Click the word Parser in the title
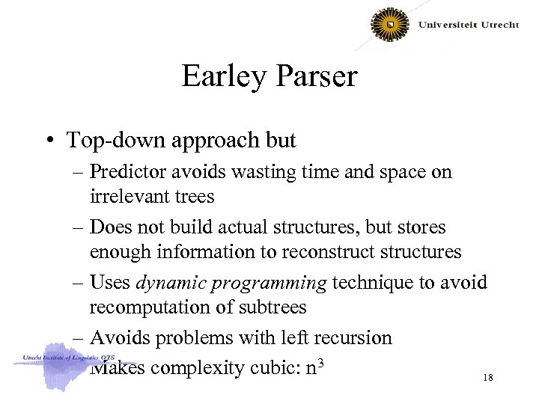pos(314,77)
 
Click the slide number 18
pos(488,379)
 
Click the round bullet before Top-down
pos(52,141)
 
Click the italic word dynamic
pos(168,282)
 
